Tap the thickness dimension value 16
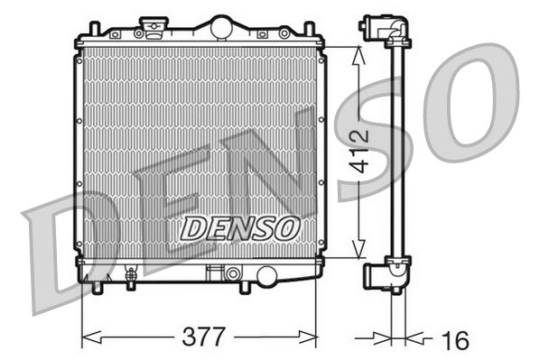pyautogui.click(x=456, y=339)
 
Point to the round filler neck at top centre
pyautogui.click(x=220, y=27)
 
